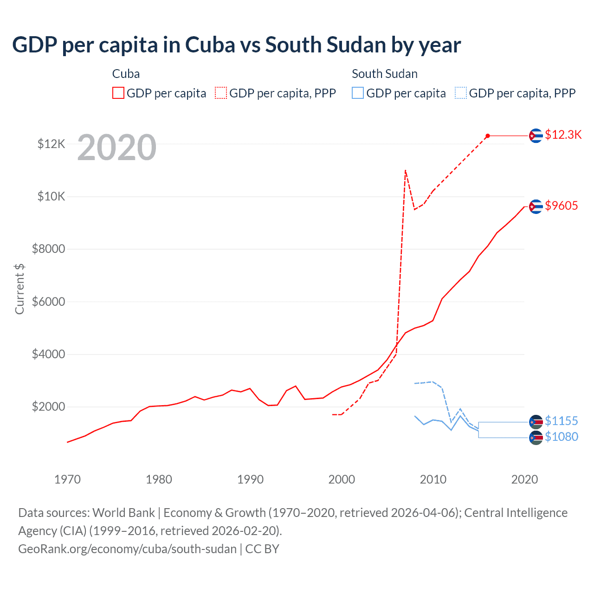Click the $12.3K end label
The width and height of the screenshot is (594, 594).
click(563, 135)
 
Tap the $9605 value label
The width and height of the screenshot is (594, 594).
click(561, 206)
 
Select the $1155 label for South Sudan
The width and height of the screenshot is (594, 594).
click(561, 421)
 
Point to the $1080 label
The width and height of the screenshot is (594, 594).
click(561, 437)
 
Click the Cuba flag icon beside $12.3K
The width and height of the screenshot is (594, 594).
click(536, 136)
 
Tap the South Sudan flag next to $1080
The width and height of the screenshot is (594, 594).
click(536, 438)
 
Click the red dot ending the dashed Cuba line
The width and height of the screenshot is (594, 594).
click(488, 136)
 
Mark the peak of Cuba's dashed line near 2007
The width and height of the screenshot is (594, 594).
click(406, 170)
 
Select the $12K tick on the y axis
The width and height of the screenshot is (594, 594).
click(51, 144)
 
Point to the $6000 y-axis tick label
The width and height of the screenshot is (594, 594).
click(48, 302)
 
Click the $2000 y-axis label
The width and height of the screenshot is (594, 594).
click(48, 407)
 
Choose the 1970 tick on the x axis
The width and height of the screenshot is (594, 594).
click(67, 479)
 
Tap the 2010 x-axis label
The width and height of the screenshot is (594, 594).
click(433, 479)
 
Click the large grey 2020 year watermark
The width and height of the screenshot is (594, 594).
click(116, 148)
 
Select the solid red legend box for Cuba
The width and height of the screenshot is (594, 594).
click(118, 93)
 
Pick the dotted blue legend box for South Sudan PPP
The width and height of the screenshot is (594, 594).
click(461, 93)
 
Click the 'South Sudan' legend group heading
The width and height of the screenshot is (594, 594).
click(384, 74)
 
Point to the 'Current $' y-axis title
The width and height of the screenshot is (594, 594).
click(19, 289)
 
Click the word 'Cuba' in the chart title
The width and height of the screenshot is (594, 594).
click(210, 45)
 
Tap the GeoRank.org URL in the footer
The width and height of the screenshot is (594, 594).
click(127, 549)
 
